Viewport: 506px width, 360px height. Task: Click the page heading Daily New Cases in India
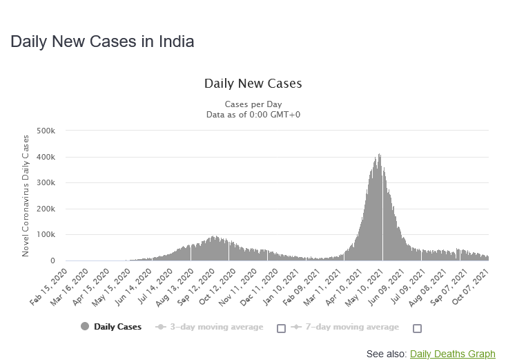[x=102, y=41]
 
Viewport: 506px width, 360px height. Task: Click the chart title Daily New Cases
[x=253, y=84]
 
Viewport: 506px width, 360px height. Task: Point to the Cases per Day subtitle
[x=253, y=104]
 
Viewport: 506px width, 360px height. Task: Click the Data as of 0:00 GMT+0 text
[x=253, y=114]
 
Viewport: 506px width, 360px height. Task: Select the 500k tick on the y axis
[x=55, y=131]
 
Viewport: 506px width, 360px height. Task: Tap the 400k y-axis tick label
[x=55, y=157]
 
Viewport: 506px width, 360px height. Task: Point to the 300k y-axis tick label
[x=55, y=183]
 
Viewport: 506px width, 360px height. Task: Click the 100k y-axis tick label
[x=55, y=235]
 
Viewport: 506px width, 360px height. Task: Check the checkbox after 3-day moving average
[x=281, y=328]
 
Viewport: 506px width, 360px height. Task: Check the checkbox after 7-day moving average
[x=417, y=328]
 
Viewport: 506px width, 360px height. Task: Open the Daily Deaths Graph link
[x=452, y=354]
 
